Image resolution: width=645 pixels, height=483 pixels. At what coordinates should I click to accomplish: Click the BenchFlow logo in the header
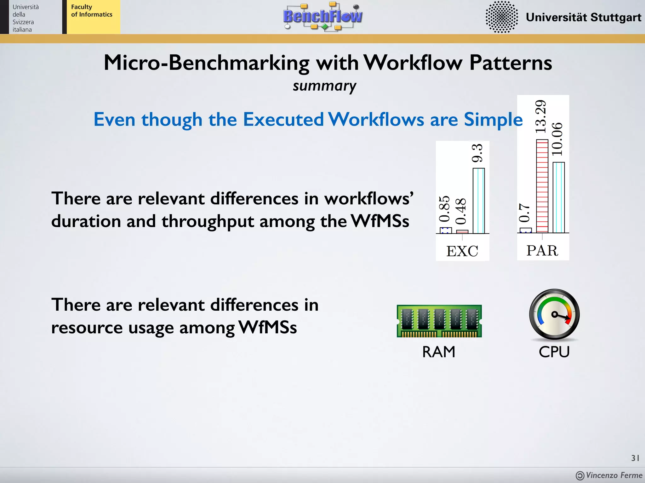click(x=323, y=16)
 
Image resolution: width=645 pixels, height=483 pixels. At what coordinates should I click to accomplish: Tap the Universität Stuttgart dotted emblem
click(x=501, y=17)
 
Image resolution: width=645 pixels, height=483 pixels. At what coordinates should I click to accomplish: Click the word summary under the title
click(x=324, y=86)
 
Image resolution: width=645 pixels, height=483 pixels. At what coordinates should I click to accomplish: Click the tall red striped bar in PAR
click(x=542, y=186)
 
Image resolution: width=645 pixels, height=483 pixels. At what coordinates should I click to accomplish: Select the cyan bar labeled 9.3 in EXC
click(x=478, y=201)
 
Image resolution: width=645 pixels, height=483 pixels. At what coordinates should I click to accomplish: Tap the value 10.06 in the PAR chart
click(x=557, y=139)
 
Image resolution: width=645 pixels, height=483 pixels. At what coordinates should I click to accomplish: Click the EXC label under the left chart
click(x=462, y=251)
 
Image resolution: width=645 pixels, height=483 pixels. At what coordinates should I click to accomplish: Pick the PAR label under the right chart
click(x=542, y=250)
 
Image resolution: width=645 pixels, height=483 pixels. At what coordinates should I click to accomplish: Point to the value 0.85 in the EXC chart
click(x=444, y=209)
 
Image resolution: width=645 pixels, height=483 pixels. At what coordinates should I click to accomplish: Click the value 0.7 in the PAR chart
click(x=524, y=213)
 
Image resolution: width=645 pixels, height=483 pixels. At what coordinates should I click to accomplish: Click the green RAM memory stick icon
click(x=439, y=321)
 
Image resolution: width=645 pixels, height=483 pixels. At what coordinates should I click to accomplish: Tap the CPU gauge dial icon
click(x=554, y=314)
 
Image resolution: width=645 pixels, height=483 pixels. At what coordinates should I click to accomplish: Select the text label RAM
click(x=439, y=352)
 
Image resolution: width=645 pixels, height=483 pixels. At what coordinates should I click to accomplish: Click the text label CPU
click(x=554, y=352)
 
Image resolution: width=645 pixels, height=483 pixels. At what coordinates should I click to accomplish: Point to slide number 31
click(x=635, y=458)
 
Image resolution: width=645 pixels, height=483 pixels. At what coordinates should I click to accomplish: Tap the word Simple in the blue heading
click(x=493, y=119)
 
